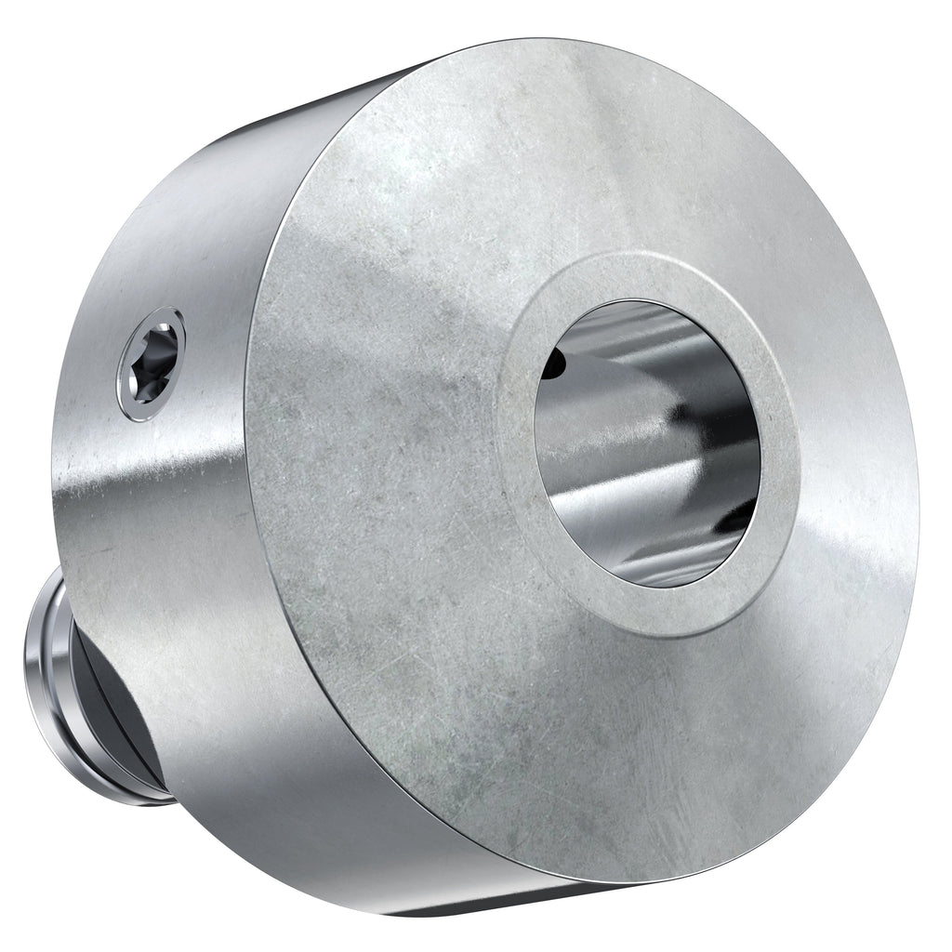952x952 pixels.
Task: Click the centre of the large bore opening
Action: [648, 443]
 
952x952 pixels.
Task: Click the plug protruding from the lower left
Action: [74, 688]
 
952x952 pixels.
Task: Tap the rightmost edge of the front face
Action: [916, 446]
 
